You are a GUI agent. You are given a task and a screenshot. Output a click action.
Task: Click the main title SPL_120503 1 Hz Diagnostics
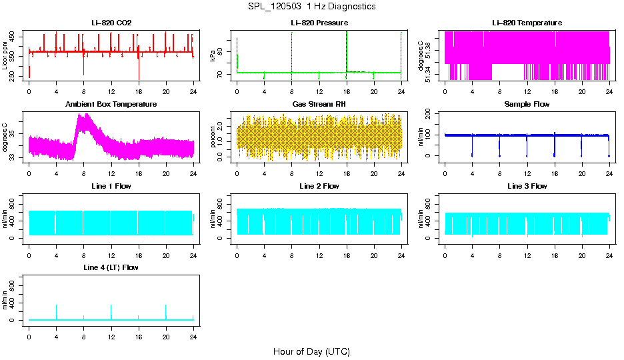[x=311, y=7]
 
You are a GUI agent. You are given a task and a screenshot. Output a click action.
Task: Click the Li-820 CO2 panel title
[x=111, y=23]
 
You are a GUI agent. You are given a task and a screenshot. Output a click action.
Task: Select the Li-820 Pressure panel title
[x=319, y=23]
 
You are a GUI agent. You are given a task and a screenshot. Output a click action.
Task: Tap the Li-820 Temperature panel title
[x=527, y=23]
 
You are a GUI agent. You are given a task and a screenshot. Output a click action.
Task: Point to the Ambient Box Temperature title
[x=111, y=104]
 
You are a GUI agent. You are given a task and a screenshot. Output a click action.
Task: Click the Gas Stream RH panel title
[x=319, y=104]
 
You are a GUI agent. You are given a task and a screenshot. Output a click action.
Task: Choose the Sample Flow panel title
[x=527, y=104]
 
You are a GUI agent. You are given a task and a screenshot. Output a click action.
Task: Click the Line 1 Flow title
[x=111, y=186]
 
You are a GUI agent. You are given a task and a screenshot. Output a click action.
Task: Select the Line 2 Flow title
[x=319, y=186]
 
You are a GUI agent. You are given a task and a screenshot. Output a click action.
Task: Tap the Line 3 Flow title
[x=527, y=186]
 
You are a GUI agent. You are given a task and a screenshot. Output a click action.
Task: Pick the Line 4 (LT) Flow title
[x=111, y=267]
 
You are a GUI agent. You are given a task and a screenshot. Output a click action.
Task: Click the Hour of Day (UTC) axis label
[x=311, y=351]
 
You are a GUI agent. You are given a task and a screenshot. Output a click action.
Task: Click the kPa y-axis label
[x=213, y=56]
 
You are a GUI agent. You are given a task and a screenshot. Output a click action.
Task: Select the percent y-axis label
[x=213, y=137]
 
